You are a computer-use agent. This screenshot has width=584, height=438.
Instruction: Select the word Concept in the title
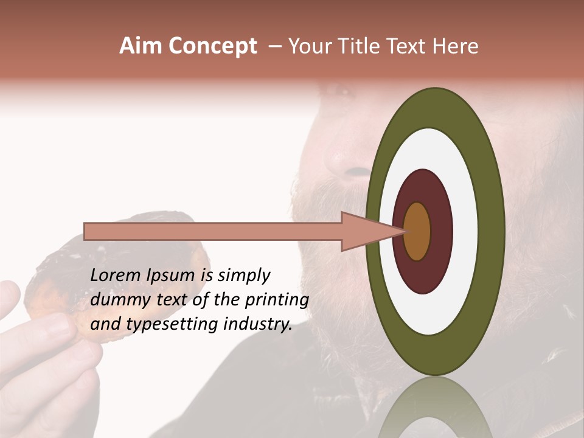[212, 46]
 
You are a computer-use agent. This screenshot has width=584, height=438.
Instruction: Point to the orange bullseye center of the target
[417, 231]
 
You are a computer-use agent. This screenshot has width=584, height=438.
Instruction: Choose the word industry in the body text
[258, 324]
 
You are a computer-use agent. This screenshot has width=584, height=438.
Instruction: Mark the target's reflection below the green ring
[436, 411]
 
